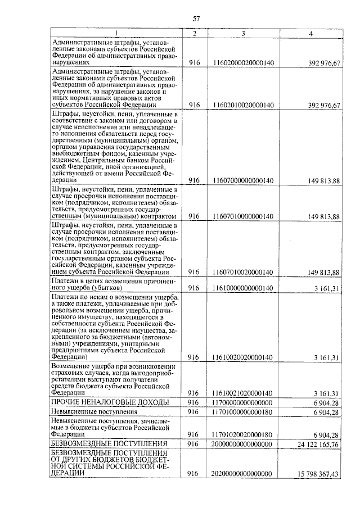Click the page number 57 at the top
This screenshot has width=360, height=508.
pos(196,19)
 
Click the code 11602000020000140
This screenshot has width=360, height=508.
pos(244,63)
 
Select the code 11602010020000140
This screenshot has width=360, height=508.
pos(244,105)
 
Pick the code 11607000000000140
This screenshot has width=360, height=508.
pos(244,180)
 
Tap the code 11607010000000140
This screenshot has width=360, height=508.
pos(244,216)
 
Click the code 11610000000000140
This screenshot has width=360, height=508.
pos(244,288)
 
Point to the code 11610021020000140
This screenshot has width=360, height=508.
pos(244,393)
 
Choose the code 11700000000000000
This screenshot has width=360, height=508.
pos(244,402)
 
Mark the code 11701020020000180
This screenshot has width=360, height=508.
pos(244,434)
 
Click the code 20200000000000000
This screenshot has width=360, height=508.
pos(244,474)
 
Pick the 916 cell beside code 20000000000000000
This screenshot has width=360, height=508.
pos(195,444)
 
